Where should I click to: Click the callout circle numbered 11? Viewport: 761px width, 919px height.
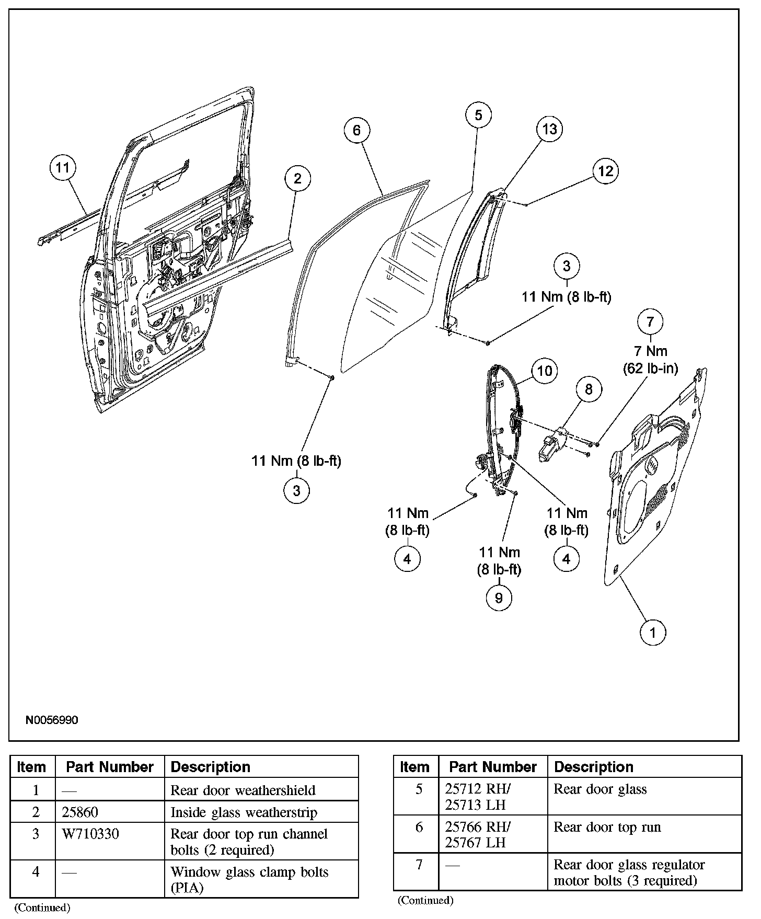tap(62, 168)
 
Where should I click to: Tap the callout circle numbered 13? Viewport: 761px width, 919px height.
tap(549, 129)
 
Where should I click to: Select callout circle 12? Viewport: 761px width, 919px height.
tap(605, 171)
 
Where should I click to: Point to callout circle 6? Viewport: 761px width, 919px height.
tap(357, 130)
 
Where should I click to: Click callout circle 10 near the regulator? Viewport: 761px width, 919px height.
tap(545, 371)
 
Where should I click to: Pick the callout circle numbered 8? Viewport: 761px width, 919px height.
tap(589, 389)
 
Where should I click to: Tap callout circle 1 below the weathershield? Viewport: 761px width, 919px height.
tap(653, 633)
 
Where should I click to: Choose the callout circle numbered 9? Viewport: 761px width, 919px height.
tap(499, 598)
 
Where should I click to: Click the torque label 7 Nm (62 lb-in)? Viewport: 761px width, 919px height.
tap(650, 360)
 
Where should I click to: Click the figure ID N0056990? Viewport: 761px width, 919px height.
tap(52, 720)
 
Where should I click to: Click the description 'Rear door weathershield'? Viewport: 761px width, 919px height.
tap(243, 790)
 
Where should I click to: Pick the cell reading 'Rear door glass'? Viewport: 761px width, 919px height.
tap(600, 789)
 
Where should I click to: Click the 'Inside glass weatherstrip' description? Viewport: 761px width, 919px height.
tap(244, 812)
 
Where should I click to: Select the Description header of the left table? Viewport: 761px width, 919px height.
tap(211, 767)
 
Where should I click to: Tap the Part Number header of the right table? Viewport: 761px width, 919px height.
tap(493, 767)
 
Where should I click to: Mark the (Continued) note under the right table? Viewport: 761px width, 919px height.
tap(425, 900)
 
